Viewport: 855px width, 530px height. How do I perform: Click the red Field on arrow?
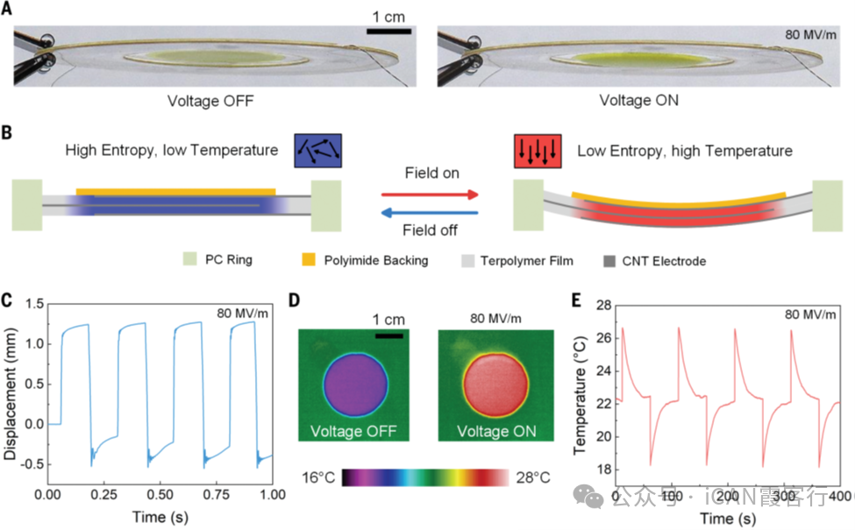point(430,194)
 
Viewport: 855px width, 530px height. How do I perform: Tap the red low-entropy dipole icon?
point(538,151)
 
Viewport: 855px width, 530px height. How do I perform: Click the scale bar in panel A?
point(388,32)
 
